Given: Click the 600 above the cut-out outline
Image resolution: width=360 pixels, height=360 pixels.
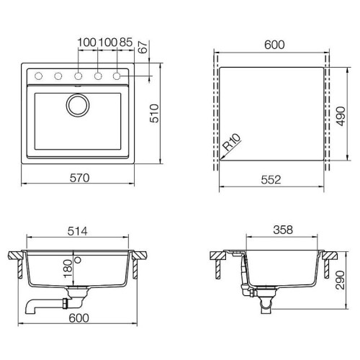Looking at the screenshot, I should (x=274, y=45).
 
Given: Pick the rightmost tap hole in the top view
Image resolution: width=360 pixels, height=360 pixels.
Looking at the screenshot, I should (x=115, y=75).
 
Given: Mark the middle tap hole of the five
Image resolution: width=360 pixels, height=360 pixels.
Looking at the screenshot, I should (x=77, y=75).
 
